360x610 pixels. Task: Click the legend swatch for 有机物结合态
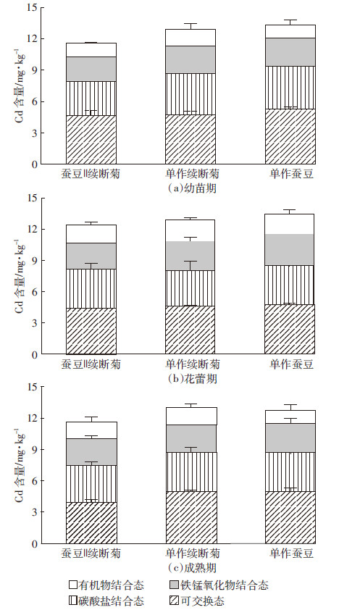(x=73, y=585)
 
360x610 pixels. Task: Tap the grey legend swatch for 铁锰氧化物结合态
(x=173, y=585)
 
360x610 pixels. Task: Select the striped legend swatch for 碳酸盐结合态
(x=73, y=601)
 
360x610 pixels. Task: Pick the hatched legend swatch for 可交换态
(x=173, y=601)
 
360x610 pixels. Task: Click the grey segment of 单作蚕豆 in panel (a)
(x=290, y=52)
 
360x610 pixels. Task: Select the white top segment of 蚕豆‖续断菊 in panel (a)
(x=91, y=50)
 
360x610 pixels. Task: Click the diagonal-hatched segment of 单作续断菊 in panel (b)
(x=191, y=330)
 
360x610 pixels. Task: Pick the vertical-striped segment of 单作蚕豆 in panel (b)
(x=290, y=285)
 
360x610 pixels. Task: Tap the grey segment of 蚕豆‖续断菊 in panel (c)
(x=91, y=452)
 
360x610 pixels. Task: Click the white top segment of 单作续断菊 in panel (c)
(x=191, y=417)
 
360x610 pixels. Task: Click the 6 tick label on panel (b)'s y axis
(x=35, y=292)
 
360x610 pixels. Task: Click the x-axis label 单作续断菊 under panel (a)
(x=193, y=173)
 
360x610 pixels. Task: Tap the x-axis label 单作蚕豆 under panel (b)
(x=292, y=364)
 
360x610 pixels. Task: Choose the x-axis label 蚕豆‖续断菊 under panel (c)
(x=91, y=553)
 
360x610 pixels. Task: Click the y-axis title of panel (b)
(x=20, y=277)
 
